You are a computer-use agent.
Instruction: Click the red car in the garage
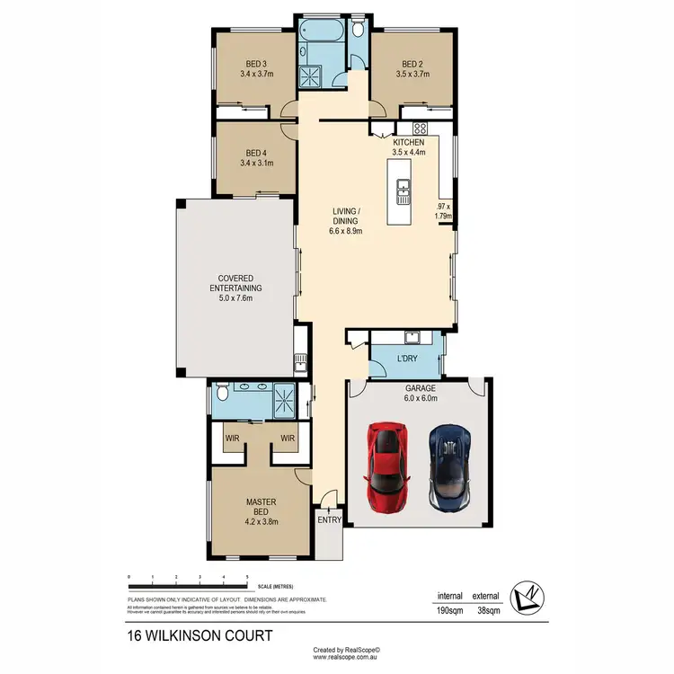pos(387,467)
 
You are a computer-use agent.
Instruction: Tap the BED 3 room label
pos(256,64)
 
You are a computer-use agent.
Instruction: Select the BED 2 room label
pos(412,64)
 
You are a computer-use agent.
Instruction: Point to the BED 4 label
pos(256,152)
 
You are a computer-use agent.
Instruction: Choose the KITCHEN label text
pos(408,143)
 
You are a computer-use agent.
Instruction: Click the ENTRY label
pos(328,519)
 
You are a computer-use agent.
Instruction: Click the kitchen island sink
pos(404,188)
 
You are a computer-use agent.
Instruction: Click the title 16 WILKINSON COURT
pos(200,635)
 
